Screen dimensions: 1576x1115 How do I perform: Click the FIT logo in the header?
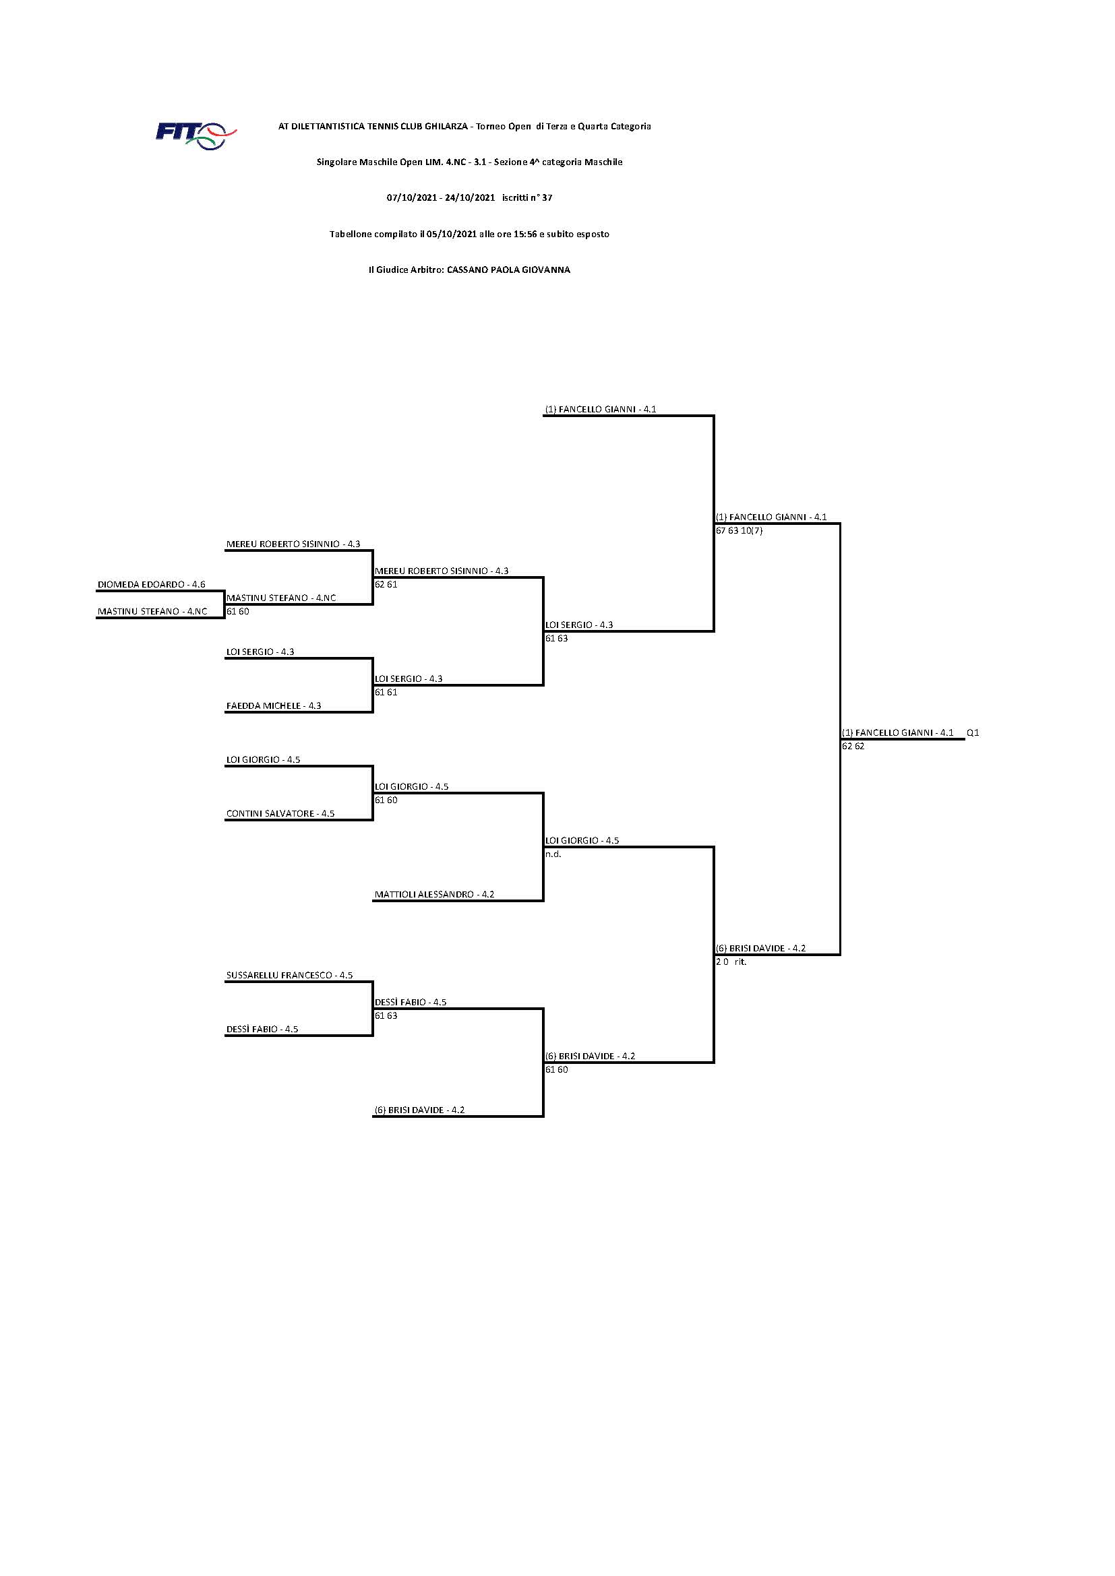point(195,135)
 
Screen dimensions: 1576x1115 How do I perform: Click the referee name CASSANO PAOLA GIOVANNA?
point(508,270)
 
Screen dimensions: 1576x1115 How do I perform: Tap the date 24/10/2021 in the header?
point(470,197)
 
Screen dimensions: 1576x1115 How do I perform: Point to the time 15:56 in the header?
point(524,234)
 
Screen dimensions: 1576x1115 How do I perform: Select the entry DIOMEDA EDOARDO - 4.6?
point(151,584)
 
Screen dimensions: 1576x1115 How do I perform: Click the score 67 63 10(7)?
point(739,530)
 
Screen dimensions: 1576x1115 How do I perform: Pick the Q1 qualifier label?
point(972,732)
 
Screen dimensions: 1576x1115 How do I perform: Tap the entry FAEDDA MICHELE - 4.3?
point(273,705)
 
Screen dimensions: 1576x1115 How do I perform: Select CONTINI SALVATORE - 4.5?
point(280,813)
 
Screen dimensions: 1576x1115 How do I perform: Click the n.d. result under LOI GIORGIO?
point(553,854)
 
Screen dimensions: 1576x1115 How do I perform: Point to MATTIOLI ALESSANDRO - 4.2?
point(434,894)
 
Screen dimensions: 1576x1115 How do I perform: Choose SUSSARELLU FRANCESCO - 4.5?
point(289,975)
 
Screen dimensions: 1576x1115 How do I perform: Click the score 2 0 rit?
point(731,962)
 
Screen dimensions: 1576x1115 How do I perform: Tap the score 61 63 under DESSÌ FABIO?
point(386,1015)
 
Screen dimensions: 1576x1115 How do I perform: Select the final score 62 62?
point(853,746)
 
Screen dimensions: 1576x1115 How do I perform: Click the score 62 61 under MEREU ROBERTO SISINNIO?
point(386,584)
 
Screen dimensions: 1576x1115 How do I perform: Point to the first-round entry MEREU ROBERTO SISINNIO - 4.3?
point(293,544)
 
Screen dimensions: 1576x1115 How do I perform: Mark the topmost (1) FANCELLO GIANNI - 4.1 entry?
point(600,409)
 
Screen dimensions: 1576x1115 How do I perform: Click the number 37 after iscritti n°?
point(547,197)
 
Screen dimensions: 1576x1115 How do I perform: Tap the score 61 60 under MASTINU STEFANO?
point(237,611)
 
